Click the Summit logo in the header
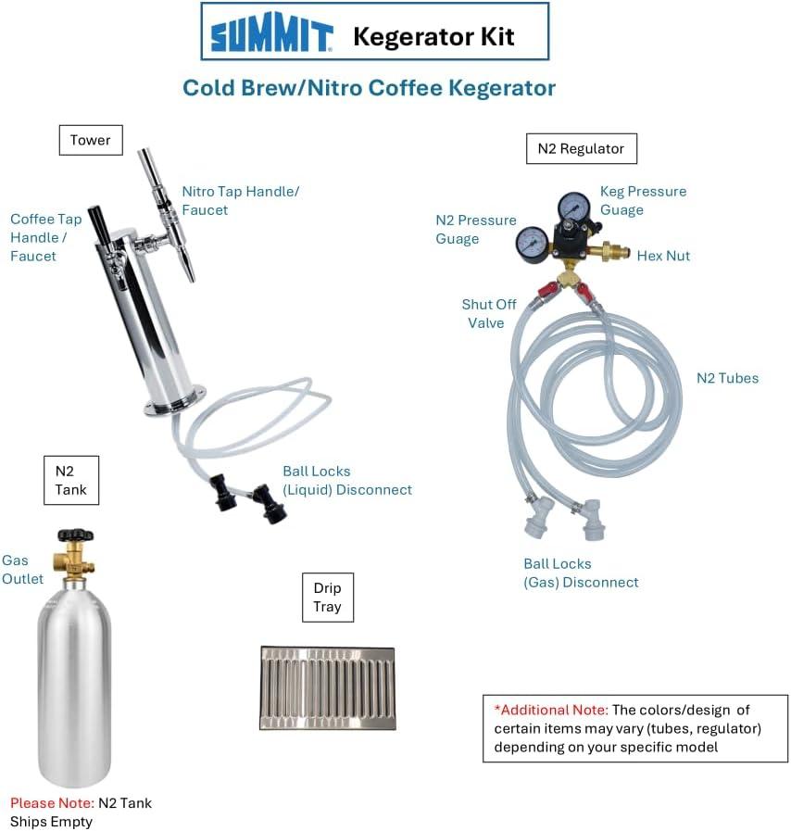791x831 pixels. pos(271,32)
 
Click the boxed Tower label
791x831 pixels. pos(91,140)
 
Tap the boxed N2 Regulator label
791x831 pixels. pos(581,148)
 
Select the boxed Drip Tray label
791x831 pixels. pos(327,598)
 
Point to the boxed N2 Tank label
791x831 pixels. pos(71,480)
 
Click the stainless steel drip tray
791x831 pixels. pos(328,688)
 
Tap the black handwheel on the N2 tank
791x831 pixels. pos(76,535)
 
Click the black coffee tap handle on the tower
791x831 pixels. pos(98,224)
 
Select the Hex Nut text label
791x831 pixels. pos(663,256)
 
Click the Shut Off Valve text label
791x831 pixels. pos(488,314)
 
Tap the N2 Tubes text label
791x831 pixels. pos(727,378)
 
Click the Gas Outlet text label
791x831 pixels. pos(22,569)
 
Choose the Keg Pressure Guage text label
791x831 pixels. pos(643,200)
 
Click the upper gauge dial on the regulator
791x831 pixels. pos(573,207)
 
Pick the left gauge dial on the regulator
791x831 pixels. pos(532,244)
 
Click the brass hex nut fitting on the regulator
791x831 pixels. pos(615,251)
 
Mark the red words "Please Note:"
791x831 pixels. pos(52,803)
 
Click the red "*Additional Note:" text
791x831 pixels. pos(551,710)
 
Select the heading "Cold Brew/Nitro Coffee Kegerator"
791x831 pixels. pos(369,88)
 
